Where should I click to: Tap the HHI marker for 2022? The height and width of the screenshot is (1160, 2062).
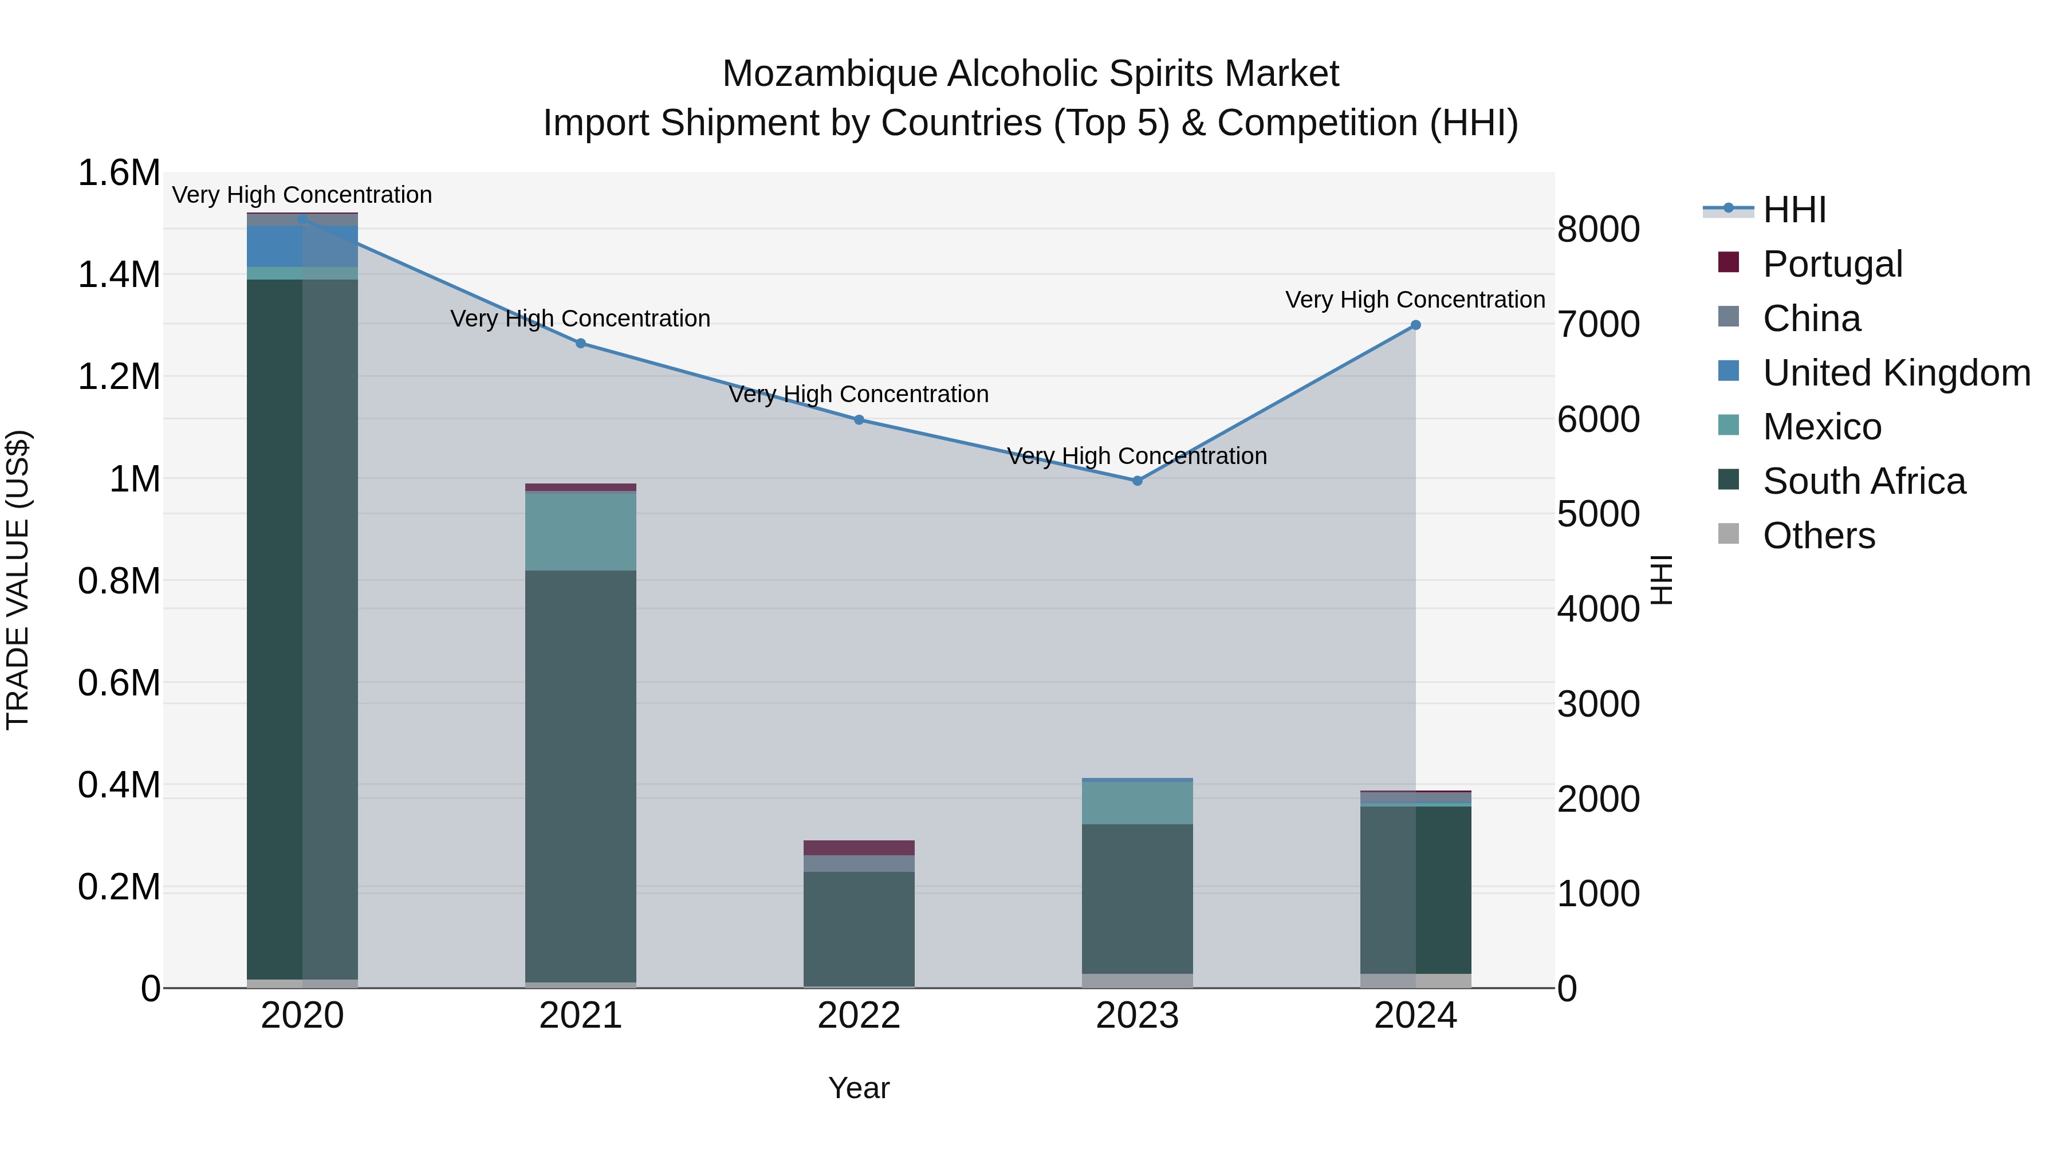tap(859, 419)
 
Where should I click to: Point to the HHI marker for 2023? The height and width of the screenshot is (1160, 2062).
tap(1138, 481)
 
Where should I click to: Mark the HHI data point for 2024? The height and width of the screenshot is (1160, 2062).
tap(1415, 325)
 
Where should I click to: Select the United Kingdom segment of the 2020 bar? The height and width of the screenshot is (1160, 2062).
tap(302, 246)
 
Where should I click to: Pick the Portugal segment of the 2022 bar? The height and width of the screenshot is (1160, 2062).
tap(859, 848)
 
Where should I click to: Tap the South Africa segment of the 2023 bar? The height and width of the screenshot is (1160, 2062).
tap(1138, 898)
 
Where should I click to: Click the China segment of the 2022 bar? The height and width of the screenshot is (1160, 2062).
tap(859, 864)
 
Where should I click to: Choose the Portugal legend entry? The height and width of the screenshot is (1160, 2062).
tap(1832, 264)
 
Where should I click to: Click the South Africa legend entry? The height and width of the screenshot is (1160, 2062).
tap(1863, 481)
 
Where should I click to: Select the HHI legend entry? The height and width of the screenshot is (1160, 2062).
tap(1794, 210)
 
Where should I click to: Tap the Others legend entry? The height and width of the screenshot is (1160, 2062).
tap(1818, 536)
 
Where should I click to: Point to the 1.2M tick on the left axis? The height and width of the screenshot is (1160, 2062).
tap(119, 376)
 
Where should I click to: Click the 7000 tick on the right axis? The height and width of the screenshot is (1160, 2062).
tap(1597, 325)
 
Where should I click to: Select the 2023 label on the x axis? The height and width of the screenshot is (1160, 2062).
tap(1138, 1016)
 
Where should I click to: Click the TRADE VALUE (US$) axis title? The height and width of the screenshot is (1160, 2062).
tap(18, 580)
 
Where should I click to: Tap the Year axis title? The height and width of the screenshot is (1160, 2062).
tap(859, 1088)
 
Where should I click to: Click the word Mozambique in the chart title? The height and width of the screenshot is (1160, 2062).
tap(829, 74)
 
